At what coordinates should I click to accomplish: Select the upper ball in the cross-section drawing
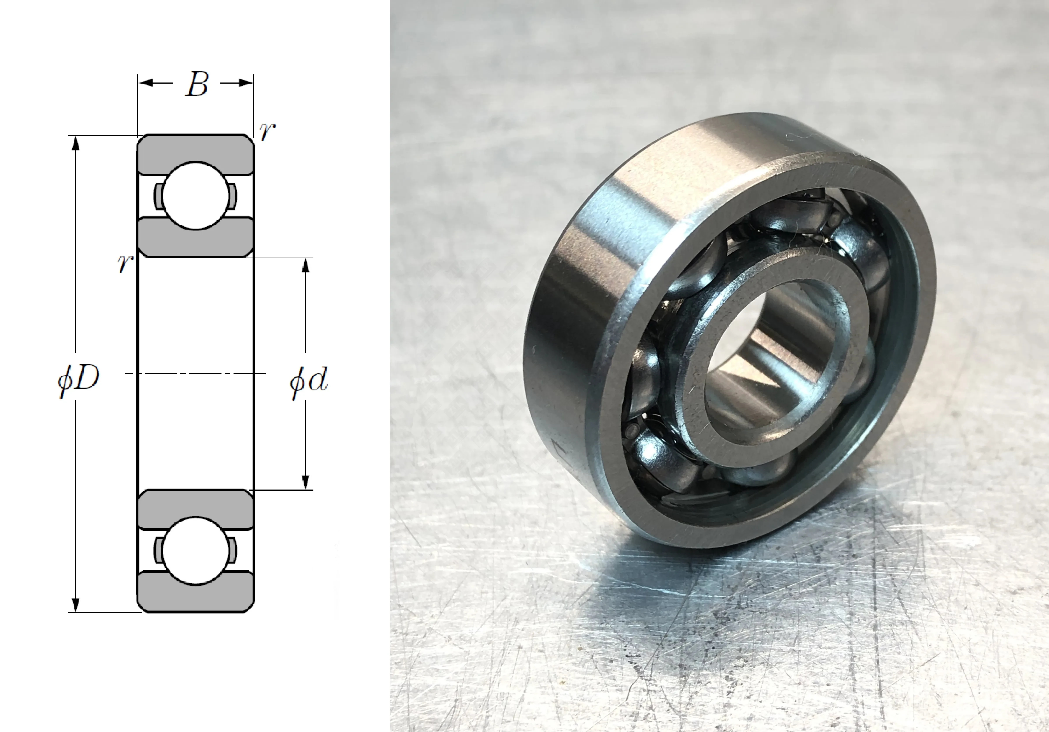tap(195, 196)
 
